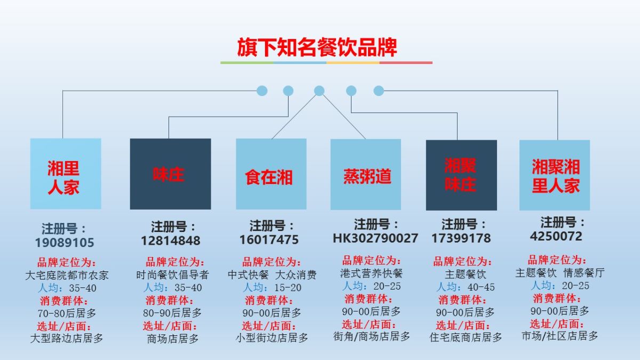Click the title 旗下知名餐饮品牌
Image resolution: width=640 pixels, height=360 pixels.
317,47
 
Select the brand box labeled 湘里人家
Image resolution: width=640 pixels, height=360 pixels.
66,174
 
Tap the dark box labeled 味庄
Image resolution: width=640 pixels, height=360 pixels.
171,174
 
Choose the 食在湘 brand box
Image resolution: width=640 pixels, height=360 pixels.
271,174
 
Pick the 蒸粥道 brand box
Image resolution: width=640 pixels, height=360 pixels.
366,174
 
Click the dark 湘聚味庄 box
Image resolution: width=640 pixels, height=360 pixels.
461,175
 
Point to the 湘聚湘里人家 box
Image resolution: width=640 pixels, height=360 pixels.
555,175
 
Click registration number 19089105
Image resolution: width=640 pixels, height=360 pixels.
65,243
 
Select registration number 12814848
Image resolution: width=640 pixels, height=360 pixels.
171,241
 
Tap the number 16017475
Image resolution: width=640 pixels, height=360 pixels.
269,239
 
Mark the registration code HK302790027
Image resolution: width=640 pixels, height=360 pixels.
375,238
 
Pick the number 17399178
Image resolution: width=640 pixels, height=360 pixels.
461,238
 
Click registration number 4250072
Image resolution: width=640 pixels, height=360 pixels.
556,236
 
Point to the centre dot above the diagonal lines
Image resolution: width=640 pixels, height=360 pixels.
319,91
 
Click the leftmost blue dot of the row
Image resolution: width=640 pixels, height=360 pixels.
262,91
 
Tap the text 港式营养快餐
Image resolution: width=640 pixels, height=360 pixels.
371,274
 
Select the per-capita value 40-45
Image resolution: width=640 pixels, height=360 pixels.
481,287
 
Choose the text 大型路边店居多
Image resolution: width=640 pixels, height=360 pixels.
67,338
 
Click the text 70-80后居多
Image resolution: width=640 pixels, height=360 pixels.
67,314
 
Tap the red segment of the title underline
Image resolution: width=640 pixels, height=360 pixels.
406,62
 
